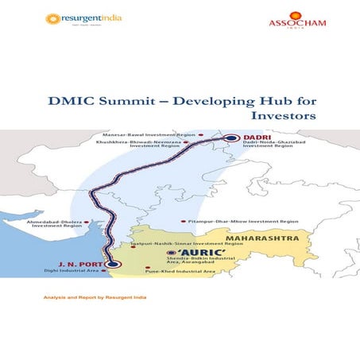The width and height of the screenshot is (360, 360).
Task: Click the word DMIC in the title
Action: coord(121,102)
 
